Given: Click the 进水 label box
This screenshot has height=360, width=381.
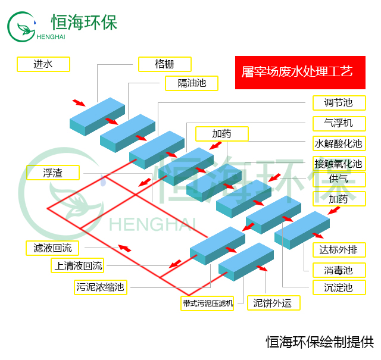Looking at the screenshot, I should click(43, 64).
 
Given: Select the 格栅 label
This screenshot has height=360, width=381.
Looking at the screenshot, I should click(164, 64).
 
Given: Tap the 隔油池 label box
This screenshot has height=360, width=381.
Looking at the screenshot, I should click(192, 83).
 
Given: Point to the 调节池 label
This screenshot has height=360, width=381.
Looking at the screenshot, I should click(338, 103).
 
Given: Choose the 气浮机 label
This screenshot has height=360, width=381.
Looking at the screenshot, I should click(338, 123).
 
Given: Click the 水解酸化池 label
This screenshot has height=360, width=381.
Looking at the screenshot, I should click(338, 143).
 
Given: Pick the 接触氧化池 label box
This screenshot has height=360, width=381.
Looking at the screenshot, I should click(338, 164).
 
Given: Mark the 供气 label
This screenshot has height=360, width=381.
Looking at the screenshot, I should click(338, 179).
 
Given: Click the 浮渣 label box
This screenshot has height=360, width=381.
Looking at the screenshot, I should click(52, 173).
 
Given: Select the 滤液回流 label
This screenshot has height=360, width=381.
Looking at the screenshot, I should click(52, 248).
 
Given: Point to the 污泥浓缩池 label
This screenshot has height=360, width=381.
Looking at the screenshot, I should click(100, 287).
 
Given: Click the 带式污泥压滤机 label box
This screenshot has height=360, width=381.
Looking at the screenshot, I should click(208, 303).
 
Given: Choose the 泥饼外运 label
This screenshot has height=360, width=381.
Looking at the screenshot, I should click(273, 303).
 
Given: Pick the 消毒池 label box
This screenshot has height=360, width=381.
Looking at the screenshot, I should click(338, 271).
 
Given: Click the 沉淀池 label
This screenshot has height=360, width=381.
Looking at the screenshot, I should click(338, 288).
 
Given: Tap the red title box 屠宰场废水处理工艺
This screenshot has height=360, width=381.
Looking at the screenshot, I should click(299, 73).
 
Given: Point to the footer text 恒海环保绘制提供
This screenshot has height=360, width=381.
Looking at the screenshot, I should click(319, 342).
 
